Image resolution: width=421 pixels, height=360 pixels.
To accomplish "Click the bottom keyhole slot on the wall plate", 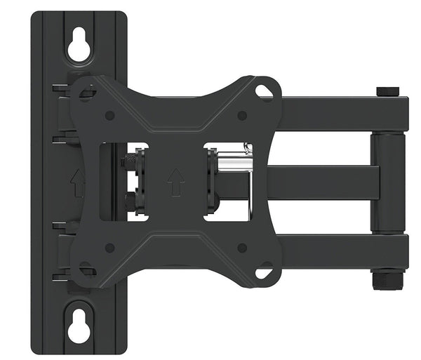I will pyautogui.click(x=79, y=325).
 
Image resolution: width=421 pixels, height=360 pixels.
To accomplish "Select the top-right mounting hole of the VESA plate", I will pyautogui.click(x=264, y=91).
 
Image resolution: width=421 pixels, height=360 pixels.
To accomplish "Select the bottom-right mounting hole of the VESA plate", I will pyautogui.click(x=264, y=271).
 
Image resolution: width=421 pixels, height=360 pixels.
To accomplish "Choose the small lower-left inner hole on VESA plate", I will pyautogui.click(x=109, y=247).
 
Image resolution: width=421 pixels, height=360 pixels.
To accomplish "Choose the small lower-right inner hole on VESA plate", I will pyautogui.click(x=241, y=247).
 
